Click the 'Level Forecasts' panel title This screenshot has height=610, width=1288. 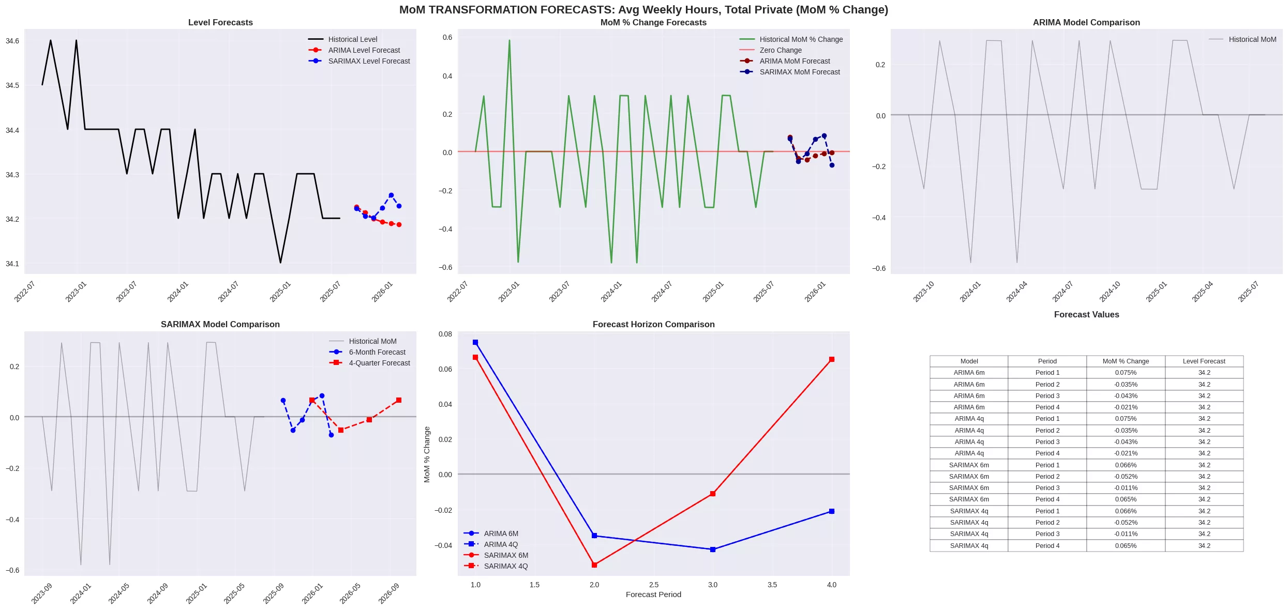(220, 22)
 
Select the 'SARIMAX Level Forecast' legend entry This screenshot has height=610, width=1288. (369, 61)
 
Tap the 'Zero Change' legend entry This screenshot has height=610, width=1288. (780, 50)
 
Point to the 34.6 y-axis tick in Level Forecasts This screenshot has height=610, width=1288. (12, 41)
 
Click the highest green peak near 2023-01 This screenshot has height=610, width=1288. (509, 40)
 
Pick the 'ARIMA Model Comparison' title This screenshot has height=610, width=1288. (1086, 22)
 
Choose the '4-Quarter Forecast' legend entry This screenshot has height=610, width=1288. (379, 363)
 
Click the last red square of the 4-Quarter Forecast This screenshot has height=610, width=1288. (398, 400)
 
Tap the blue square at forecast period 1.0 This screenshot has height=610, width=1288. (475, 342)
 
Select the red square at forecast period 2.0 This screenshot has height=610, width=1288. (594, 565)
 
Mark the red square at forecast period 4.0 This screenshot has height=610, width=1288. (831, 359)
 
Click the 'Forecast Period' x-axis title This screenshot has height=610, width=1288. (653, 594)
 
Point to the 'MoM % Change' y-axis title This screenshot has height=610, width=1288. (427, 454)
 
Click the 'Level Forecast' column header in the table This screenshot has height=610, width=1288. (1204, 361)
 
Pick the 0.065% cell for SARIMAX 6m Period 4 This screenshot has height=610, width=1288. (1126, 499)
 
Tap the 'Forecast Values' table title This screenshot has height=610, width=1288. (1086, 314)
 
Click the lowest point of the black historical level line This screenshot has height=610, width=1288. (280, 263)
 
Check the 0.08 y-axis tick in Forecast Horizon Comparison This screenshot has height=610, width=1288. (445, 334)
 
